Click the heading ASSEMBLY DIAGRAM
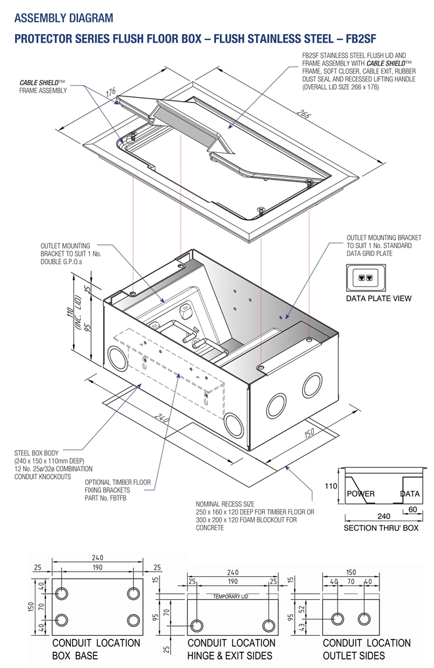point(64,18)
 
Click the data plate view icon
point(366,278)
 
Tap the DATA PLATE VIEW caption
point(378,299)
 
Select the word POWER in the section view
point(360,493)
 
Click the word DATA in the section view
point(410,493)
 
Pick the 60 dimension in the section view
point(412,509)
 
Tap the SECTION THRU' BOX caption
point(381,528)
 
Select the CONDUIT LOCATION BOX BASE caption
point(96,649)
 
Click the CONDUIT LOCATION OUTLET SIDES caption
point(366,649)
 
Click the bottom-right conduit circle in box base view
point(134,620)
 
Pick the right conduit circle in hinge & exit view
point(267,624)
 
